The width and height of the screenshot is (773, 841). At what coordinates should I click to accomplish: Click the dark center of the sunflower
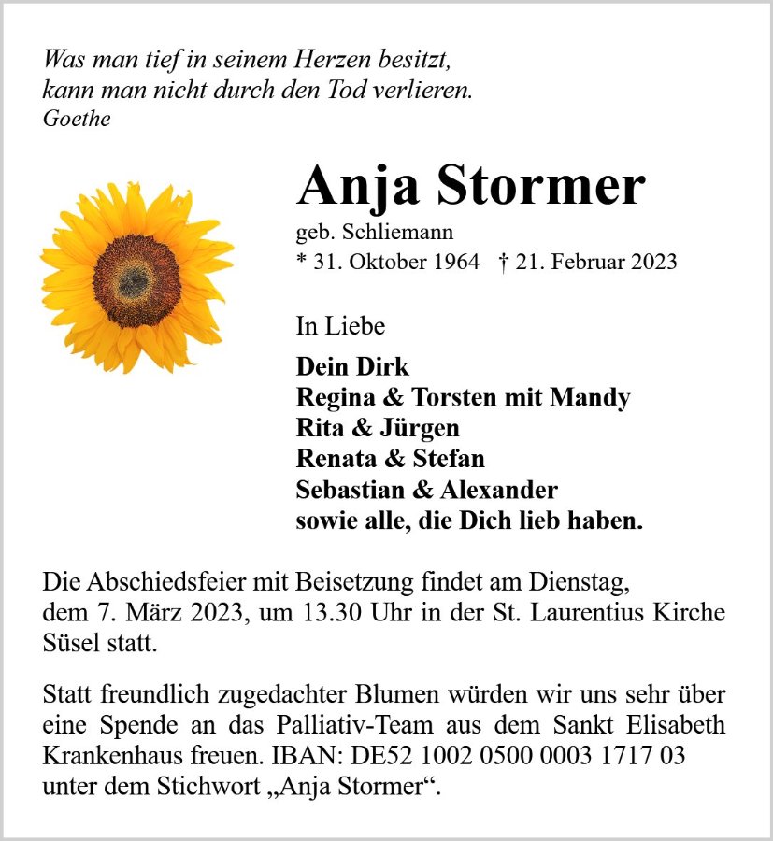136,280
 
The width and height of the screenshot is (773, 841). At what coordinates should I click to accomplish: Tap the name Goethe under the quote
77,119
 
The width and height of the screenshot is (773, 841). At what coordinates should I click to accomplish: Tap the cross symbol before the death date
505,262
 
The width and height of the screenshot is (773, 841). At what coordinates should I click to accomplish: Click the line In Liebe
340,326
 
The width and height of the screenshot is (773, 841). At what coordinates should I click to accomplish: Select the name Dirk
383,366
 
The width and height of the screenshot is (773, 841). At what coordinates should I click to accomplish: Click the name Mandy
590,397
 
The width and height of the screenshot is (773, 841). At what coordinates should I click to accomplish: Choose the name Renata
335,459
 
